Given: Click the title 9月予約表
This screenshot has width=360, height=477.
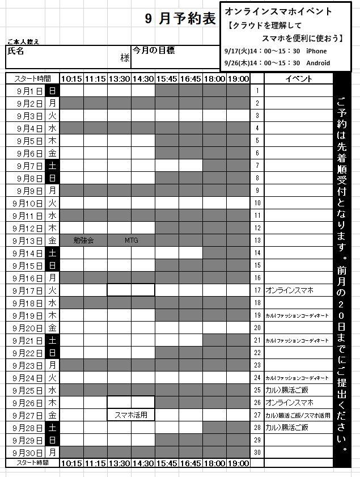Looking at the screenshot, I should pos(180,19).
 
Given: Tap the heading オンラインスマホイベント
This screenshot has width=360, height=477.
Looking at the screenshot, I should pos(270,11).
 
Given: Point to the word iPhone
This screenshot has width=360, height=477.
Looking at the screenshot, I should pos(316,51).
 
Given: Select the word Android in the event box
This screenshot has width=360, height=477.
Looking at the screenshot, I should pos(318,63).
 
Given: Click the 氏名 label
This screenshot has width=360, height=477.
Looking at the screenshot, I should pos(15,50).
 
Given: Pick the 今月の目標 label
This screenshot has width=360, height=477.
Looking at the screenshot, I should pos(154,50).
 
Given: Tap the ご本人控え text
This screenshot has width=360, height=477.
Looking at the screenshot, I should pos(23,41).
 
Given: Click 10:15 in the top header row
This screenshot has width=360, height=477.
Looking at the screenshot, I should pos(71,79).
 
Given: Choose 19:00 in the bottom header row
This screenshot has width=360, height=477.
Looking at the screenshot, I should pos(238,463).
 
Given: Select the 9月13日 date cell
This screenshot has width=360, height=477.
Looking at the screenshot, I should pos(27,240).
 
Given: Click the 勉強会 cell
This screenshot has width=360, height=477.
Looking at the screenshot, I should pos(83,240).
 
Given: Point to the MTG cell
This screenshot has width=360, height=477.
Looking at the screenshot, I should pos(131,240).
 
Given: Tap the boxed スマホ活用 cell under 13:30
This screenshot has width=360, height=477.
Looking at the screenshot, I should pos(131,415).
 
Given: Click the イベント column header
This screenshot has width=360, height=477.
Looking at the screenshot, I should pos(299,79).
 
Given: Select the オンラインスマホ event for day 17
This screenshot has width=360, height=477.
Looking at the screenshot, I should pos(289,290).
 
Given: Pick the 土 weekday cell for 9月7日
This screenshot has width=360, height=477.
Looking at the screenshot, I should pos(52,166).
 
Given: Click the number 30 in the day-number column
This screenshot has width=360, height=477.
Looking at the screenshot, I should pos(257,452).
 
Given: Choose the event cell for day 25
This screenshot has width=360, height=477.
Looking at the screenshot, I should pos(299,390).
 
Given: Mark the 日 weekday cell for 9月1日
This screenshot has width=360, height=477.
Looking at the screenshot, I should pos(52,91).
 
